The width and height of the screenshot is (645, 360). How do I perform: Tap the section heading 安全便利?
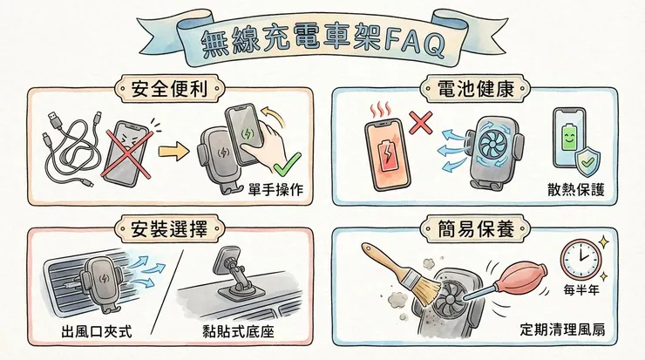(166, 88)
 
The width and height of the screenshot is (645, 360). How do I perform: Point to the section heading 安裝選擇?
(166, 230)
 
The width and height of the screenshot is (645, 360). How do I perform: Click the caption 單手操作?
(275, 191)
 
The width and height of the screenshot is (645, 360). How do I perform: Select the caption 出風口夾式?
(96, 332)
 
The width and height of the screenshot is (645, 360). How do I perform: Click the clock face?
(581, 258)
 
